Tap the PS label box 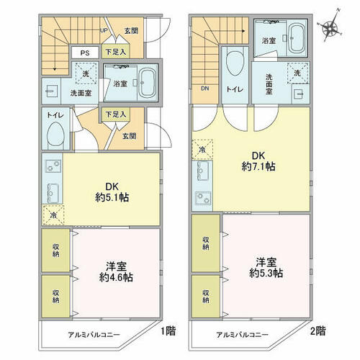[x=85, y=53]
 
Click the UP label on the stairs [x=104, y=31]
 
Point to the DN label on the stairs [x=204, y=89]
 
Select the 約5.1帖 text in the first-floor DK [x=112, y=198]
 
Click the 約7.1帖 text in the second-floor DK [x=258, y=166]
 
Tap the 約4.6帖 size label [x=116, y=277]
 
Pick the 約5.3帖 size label [x=266, y=273]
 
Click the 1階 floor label [x=168, y=331]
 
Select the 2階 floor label [x=318, y=331]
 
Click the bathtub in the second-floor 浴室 [x=297, y=38]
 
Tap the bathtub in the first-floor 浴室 [x=147, y=83]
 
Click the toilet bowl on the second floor [x=235, y=61]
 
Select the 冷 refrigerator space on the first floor [x=53, y=215]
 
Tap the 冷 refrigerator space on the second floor [x=202, y=149]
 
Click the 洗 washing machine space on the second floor [x=297, y=73]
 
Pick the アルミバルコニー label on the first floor [x=94, y=335]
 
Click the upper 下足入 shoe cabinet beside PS [x=116, y=51]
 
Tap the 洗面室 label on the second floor [x=269, y=84]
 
